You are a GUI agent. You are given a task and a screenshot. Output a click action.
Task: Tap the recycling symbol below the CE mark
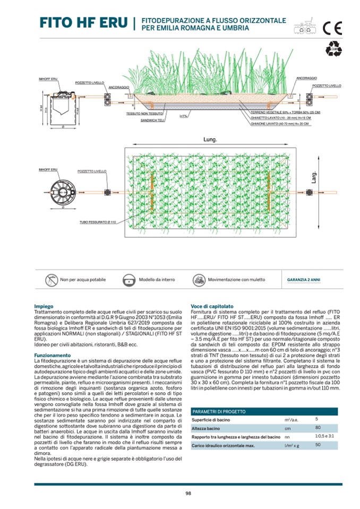[333, 49]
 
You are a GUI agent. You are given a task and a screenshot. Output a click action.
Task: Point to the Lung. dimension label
[211, 140]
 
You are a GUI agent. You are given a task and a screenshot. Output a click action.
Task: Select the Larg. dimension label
[314, 176]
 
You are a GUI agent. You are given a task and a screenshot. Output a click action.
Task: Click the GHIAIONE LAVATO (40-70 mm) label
[282, 124]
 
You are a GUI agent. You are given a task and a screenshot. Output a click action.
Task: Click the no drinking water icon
[52, 280]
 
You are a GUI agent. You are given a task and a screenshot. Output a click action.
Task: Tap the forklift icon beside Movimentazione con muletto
[199, 280]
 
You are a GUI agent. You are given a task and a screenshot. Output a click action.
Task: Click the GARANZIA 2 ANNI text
[304, 280]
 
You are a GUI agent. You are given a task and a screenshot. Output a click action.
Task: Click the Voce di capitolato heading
[212, 306]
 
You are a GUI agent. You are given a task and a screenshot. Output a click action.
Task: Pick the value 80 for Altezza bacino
[318, 427]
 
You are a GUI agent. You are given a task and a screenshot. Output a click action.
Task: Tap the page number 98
[188, 493]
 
